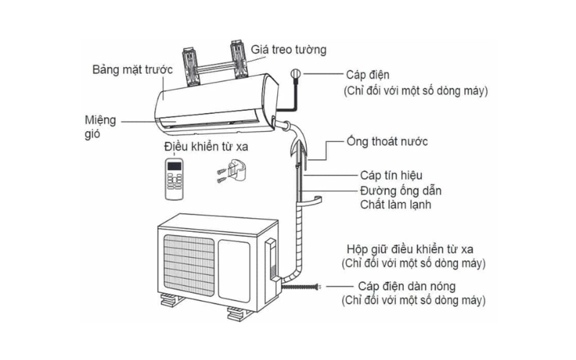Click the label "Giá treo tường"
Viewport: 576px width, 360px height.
pyautogui.click(x=289, y=50)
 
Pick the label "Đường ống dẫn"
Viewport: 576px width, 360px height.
pyautogui.click(x=400, y=191)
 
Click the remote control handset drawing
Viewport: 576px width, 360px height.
pyautogui.click(x=176, y=179)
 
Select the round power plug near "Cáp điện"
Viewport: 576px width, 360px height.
pyautogui.click(x=294, y=73)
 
